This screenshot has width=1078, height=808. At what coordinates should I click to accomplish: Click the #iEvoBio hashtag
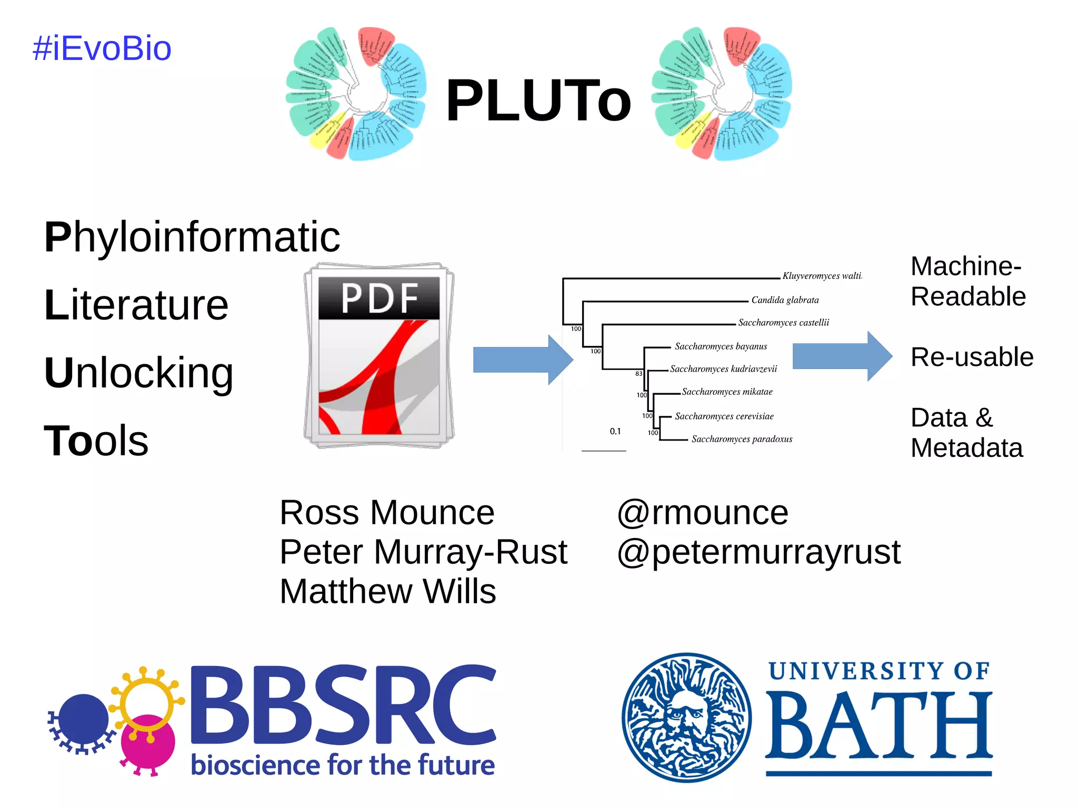102,48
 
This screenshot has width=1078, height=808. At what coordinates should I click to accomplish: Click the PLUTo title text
538,101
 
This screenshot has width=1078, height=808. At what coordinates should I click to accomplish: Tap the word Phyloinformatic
192,237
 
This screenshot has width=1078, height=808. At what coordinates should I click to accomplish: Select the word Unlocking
138,373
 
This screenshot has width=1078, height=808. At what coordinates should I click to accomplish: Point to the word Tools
96,441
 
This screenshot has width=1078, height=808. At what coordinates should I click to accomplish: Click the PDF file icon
379,356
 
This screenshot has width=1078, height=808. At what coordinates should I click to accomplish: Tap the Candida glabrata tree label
785,300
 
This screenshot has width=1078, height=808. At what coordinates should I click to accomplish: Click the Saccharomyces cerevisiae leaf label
724,416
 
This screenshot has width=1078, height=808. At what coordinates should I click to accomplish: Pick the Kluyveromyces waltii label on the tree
821,276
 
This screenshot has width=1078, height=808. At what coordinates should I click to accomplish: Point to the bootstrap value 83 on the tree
638,374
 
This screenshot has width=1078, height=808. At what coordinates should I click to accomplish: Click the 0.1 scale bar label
615,431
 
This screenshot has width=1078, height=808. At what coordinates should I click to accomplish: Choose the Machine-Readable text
967,282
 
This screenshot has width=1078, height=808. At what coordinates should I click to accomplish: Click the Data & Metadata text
966,433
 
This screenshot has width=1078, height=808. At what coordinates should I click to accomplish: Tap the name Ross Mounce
387,512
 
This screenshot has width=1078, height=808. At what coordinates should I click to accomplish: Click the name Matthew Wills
388,591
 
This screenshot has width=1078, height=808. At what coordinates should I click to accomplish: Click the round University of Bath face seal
686,717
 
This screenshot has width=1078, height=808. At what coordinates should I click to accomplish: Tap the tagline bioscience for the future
343,765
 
